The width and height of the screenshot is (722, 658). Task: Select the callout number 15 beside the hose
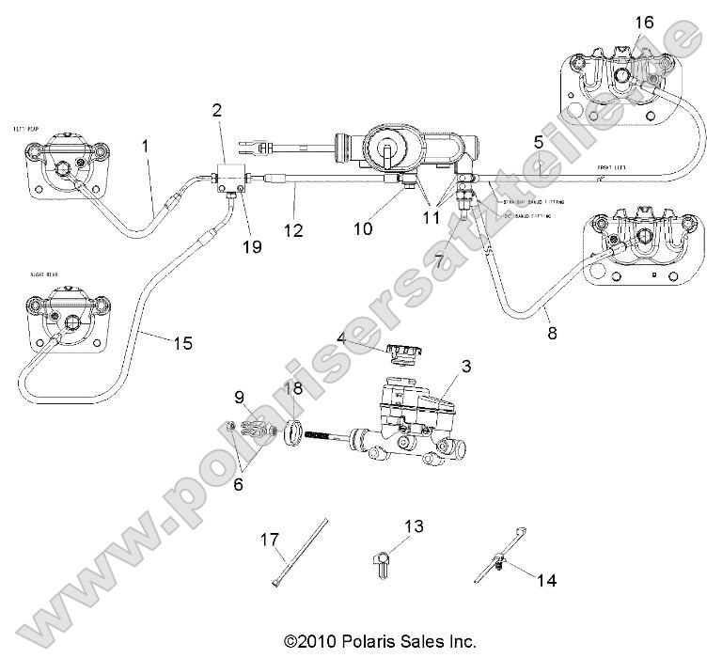182,343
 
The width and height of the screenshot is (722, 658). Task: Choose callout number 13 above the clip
415,525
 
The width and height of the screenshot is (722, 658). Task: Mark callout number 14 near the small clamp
547,580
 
